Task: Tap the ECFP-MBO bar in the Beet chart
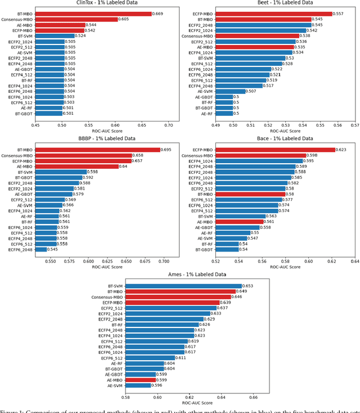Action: click(x=267, y=14)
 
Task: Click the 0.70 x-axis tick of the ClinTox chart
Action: click(x=168, y=124)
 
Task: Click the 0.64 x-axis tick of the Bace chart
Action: click(x=354, y=261)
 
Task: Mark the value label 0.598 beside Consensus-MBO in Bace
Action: click(x=312, y=155)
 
